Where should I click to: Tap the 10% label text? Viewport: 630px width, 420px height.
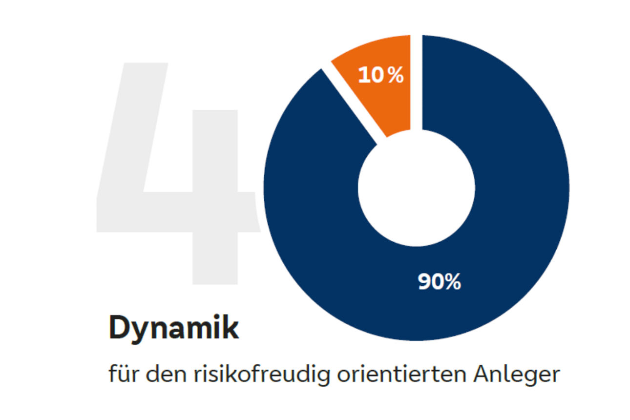tap(381, 75)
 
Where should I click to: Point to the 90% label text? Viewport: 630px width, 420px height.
tap(440, 282)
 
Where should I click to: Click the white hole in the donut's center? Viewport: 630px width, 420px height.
tap(416, 188)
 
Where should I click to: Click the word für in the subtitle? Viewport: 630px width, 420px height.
tap(122, 375)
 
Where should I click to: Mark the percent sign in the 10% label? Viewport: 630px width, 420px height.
tap(396, 75)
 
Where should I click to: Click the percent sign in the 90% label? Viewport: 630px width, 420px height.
tap(452, 282)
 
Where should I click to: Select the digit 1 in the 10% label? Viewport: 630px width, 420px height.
tap(364, 75)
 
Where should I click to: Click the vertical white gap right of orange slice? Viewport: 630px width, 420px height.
tap(416, 83)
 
